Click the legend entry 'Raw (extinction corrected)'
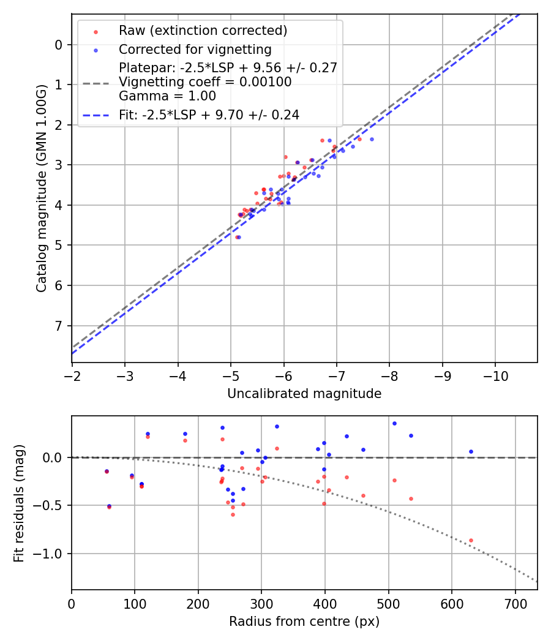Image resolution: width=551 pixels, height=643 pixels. point(203,31)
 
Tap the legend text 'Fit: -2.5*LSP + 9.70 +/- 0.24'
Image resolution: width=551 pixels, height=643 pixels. point(209,115)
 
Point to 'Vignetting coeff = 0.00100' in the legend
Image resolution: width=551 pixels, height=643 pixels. point(205,82)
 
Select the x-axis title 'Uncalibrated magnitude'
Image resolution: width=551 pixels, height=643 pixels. point(304,394)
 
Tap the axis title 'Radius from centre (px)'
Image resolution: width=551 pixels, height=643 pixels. point(304,622)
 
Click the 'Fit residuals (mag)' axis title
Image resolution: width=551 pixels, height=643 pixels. point(19,504)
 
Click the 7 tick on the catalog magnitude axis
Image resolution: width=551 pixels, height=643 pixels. point(59,326)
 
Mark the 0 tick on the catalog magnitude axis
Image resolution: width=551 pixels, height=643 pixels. point(59,45)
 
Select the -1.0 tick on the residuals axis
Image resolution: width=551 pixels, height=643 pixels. point(52,554)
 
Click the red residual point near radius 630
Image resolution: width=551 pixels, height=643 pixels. point(471,540)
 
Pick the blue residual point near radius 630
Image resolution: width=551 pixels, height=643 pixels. point(471,451)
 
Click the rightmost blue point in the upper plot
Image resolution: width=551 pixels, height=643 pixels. point(372,139)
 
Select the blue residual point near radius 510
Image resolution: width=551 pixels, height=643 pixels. point(394,423)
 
